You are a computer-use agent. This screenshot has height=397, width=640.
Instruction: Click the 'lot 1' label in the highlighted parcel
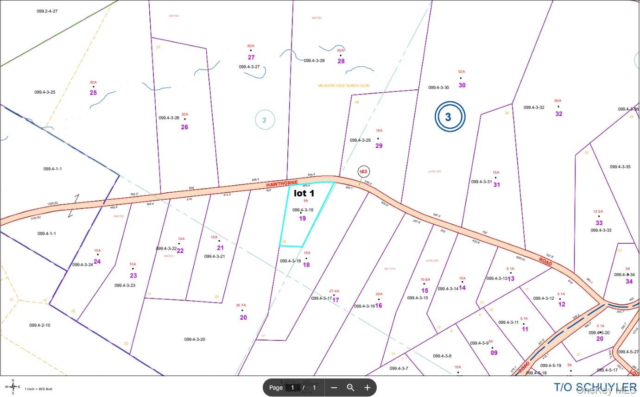pos(304,193)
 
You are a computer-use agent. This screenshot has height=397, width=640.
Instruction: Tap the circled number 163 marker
pos(363,172)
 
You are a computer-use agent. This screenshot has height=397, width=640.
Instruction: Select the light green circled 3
pos(265,120)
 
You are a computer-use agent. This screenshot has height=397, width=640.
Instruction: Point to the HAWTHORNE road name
pos(282,184)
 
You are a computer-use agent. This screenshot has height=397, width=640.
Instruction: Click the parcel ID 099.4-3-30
pos(438,88)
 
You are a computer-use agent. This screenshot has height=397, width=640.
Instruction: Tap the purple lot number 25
pos(93,93)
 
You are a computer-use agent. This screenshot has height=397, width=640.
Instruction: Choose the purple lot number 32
pos(558,113)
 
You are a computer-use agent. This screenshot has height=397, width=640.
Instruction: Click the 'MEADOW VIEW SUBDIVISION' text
pos(343,86)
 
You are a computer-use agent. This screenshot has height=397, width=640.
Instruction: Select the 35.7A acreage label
pos(241,305)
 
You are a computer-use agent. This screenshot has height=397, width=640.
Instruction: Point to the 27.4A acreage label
pos(334,291)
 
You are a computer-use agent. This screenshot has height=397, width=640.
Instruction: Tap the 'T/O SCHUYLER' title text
pos(595,387)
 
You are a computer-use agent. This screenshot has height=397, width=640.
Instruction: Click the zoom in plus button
pos(368,388)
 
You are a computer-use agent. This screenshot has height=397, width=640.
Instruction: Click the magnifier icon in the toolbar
pos(351,388)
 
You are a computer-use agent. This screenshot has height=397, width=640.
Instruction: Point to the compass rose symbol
pos(13,386)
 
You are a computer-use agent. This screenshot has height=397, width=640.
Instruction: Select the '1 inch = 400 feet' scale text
pos(38,389)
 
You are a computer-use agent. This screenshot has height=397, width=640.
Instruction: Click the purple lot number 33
pos(599,223)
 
